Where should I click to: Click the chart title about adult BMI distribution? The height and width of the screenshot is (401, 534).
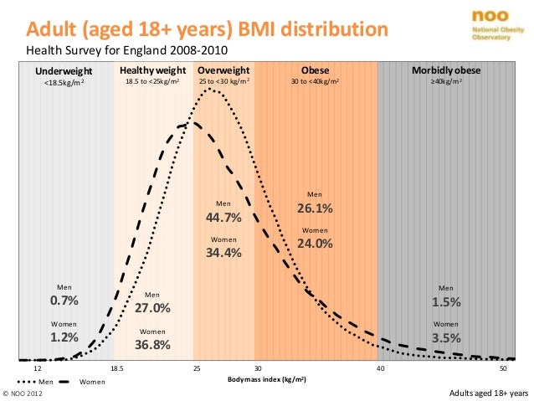coord(208,32)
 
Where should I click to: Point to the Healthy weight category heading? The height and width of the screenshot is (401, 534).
coord(151,71)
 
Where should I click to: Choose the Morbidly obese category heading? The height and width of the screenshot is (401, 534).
coord(445,71)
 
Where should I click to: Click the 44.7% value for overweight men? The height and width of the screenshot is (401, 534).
coord(223,218)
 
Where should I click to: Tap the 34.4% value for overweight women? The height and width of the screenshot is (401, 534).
coord(223,253)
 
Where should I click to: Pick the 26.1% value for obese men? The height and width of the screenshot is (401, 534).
coord(315,208)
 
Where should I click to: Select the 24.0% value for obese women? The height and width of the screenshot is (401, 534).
coord(315,244)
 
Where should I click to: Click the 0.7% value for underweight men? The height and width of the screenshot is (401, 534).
coord(64,301)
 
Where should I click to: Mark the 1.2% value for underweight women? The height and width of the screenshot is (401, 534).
coord(64,337)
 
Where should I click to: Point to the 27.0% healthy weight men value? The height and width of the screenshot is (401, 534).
coord(152,307)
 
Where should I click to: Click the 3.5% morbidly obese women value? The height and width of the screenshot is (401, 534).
coord(446,337)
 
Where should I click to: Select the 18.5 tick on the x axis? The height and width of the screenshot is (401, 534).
coord(117,368)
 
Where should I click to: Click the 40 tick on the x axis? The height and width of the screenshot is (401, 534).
coord(380,368)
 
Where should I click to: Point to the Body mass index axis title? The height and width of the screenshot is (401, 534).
coord(266,378)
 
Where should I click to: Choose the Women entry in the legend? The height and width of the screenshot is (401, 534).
coord(92,382)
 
